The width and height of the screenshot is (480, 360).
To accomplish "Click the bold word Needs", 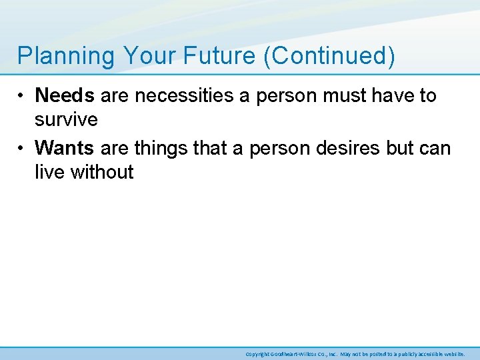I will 65,96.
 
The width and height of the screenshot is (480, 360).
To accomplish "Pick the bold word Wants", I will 65,147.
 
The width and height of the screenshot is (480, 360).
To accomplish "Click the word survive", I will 66,121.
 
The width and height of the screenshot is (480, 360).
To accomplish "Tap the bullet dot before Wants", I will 22,148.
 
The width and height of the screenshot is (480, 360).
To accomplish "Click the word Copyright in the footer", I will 257,353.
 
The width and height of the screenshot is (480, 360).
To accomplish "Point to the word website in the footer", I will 454,353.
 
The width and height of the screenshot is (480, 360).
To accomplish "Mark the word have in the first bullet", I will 396,96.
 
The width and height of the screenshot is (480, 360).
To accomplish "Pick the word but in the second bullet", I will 401,147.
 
